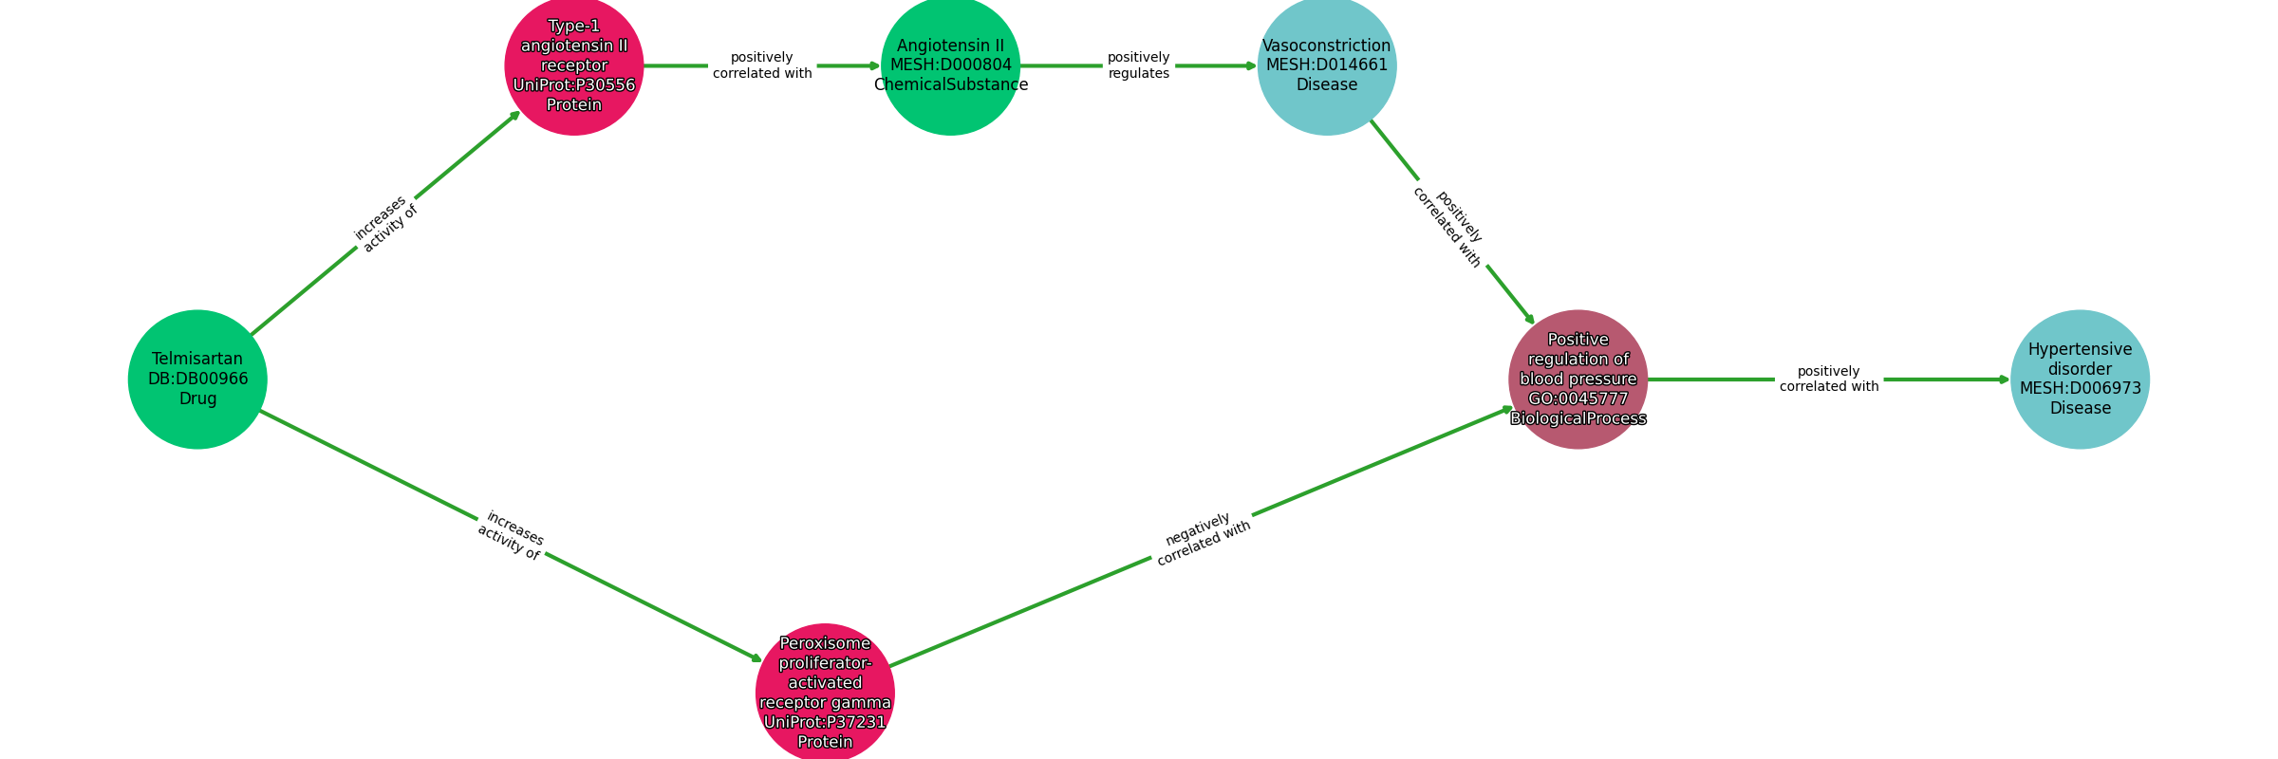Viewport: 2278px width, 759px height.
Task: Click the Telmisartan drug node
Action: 197,379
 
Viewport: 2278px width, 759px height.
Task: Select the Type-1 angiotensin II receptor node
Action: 574,65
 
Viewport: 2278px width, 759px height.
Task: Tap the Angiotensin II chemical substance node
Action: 950,65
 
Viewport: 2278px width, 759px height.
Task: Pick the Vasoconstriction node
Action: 1327,65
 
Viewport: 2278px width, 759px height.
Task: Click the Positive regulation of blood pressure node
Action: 1578,379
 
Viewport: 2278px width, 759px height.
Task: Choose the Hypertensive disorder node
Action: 2080,379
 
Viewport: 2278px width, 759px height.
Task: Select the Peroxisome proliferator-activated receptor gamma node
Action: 825,693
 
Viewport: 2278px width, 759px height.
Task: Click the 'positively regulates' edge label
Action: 1138,65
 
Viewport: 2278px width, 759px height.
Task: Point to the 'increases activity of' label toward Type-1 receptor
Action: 385,224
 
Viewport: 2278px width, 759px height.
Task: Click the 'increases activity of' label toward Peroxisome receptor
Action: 511,536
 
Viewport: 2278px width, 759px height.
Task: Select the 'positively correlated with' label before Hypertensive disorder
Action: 1828,379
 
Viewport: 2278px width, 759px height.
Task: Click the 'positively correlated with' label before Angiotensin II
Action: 762,65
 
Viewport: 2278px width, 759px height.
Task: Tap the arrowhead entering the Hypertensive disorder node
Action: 2005,379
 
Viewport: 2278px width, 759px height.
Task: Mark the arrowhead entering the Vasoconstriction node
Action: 1252,65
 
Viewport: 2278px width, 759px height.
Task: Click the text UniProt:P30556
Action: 574,85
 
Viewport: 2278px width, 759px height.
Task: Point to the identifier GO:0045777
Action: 1578,399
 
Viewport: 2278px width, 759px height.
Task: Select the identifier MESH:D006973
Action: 2080,389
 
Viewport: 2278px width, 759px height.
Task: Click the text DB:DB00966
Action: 197,379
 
